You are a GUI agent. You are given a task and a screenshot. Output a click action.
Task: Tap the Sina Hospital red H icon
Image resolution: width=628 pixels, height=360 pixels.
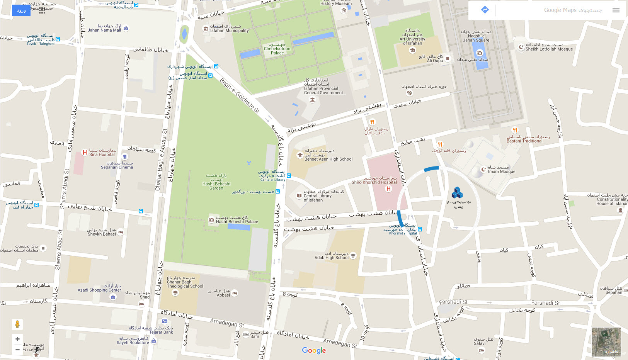[x=85, y=153]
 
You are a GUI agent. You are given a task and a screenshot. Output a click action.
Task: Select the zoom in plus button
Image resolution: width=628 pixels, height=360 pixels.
[x=17, y=339]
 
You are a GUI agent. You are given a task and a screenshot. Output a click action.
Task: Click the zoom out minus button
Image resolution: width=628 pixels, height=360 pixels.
[x=17, y=350]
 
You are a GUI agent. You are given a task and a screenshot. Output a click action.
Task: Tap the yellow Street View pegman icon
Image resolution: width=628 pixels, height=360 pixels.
[x=17, y=324]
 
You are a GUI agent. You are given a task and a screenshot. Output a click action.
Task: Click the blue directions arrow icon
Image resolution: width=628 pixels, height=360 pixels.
[x=485, y=10]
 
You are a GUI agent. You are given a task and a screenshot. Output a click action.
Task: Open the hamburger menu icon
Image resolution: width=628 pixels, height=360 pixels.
[x=616, y=10]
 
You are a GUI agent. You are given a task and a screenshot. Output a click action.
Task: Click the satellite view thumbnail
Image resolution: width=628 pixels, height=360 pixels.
[x=606, y=342]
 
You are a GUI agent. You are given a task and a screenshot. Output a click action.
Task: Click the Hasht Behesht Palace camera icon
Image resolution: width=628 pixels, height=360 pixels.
[x=211, y=220]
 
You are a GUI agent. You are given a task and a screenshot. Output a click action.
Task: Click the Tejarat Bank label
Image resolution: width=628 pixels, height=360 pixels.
[x=161, y=332]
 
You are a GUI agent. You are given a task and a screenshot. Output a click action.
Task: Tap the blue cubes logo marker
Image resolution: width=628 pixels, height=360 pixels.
[x=457, y=193]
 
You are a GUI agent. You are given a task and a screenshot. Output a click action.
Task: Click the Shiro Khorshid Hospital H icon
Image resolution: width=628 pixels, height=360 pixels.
[x=388, y=189]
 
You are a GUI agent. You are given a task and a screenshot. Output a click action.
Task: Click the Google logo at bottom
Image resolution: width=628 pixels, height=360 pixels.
[x=314, y=350]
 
